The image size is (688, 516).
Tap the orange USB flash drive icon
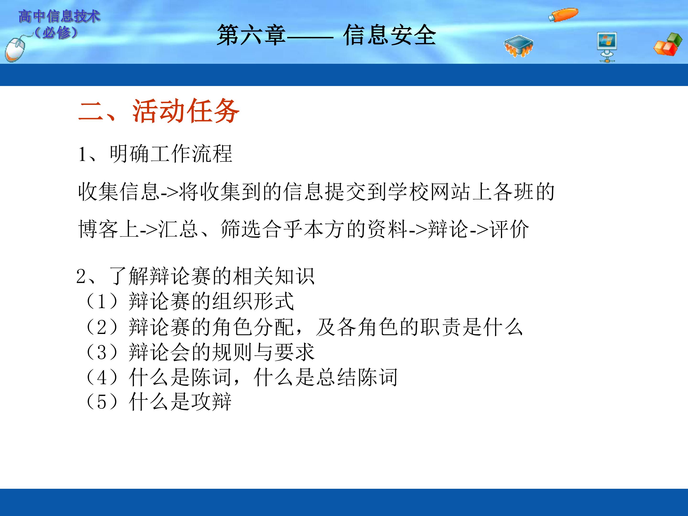point(563,15)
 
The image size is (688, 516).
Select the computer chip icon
point(518,46)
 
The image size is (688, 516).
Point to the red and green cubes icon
point(667,44)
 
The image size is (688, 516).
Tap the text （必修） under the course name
point(56,32)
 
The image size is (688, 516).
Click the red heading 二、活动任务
point(159,111)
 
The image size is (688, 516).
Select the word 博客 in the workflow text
point(98,229)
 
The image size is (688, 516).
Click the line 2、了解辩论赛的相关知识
point(196,276)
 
